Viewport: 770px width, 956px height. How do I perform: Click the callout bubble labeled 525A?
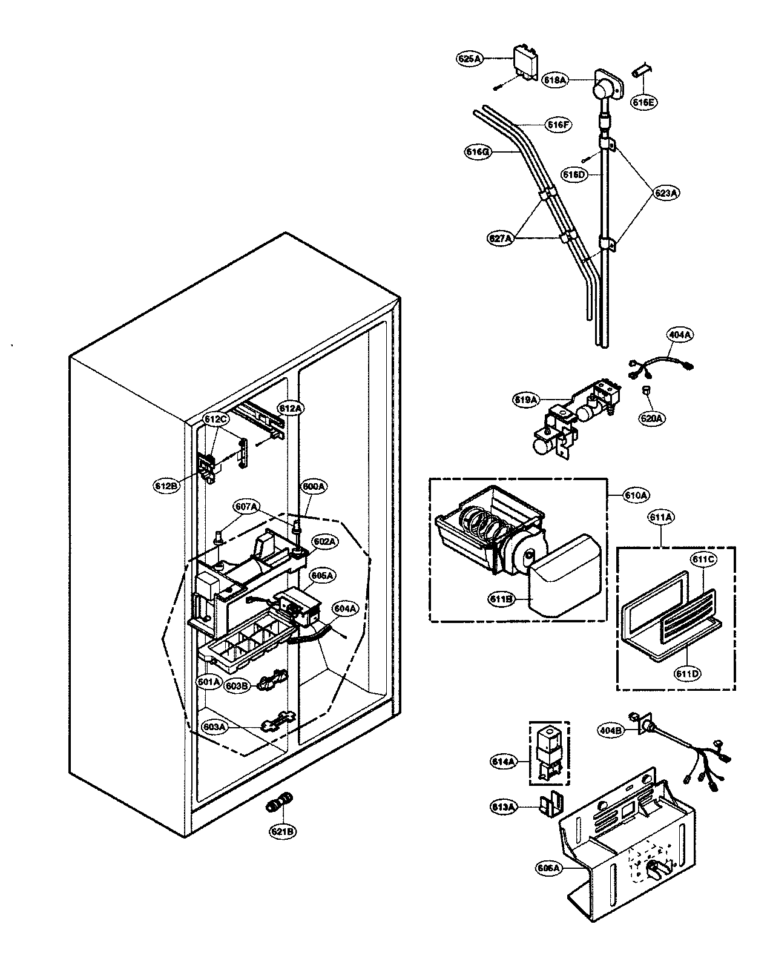point(469,59)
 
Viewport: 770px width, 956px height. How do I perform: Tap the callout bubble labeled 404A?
point(680,334)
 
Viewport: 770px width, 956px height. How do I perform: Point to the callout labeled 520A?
point(653,418)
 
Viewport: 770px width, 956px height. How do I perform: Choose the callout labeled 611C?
point(705,560)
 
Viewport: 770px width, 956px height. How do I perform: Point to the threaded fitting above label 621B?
point(278,803)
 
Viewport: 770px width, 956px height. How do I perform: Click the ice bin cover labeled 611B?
point(563,575)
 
